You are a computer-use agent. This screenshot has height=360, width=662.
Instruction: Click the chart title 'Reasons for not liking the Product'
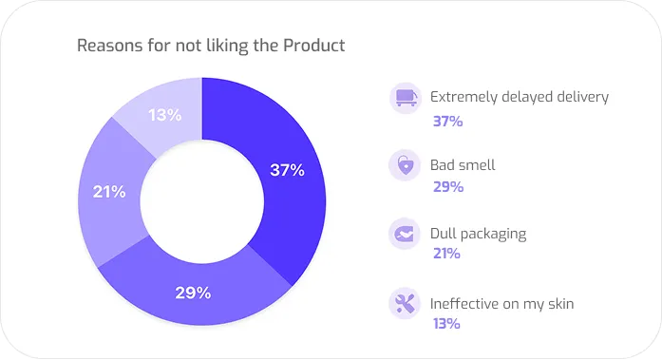click(211, 46)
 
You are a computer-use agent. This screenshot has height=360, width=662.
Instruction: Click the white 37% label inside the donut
click(287, 170)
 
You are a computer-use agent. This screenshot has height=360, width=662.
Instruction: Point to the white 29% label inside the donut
click(193, 293)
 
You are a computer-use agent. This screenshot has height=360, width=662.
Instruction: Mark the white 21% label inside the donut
click(109, 192)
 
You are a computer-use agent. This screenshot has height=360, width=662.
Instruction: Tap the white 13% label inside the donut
click(165, 115)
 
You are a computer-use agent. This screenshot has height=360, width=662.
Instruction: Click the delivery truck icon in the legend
click(406, 97)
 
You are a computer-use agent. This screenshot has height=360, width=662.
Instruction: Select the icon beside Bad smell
click(406, 165)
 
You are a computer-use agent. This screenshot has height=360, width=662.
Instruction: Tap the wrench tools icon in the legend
click(406, 304)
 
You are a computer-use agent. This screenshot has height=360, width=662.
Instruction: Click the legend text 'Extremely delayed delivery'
click(520, 97)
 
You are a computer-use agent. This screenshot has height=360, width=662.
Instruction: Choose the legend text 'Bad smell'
click(463, 165)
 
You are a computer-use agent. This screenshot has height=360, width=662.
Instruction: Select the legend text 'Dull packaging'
click(478, 234)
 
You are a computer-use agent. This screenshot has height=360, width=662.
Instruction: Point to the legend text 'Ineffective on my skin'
click(502, 304)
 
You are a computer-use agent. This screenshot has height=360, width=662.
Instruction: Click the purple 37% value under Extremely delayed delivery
click(446, 121)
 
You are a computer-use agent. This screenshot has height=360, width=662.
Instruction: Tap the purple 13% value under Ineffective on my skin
click(446, 324)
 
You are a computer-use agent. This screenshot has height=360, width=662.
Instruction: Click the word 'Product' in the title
click(313, 46)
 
